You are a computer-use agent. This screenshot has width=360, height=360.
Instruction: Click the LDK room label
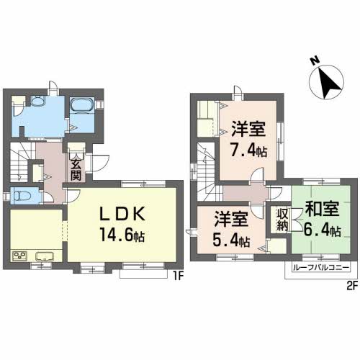[x=122, y=214]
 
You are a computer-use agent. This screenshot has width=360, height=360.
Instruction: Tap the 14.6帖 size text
[x=122, y=235]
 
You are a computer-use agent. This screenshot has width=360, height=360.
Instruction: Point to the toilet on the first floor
[x=22, y=196]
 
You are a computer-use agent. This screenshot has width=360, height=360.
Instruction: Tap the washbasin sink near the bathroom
[x=37, y=101]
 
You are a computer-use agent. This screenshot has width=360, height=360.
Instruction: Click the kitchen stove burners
[x=19, y=256]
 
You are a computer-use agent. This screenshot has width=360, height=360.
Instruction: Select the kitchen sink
[x=45, y=256]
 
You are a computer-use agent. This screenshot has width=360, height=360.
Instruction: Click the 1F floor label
[x=179, y=277]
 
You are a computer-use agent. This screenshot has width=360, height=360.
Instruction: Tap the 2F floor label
[x=352, y=286]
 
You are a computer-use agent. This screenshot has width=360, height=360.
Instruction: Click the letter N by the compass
[x=315, y=60]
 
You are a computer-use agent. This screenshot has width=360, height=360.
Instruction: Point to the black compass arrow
[x=329, y=83]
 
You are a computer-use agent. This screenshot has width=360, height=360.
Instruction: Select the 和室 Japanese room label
[x=322, y=209]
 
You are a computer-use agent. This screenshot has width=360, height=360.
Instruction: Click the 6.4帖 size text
[x=322, y=230]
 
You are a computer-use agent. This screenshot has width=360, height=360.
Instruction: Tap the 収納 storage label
[x=282, y=220]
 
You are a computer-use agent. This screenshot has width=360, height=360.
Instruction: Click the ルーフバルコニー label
[x=320, y=267]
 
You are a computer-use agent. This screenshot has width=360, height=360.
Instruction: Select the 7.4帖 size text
[x=249, y=150]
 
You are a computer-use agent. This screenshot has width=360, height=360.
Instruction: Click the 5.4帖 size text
[x=231, y=240]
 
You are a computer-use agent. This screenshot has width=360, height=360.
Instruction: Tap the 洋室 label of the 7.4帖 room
[x=248, y=129]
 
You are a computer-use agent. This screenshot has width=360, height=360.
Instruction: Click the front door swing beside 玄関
[x=102, y=163]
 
